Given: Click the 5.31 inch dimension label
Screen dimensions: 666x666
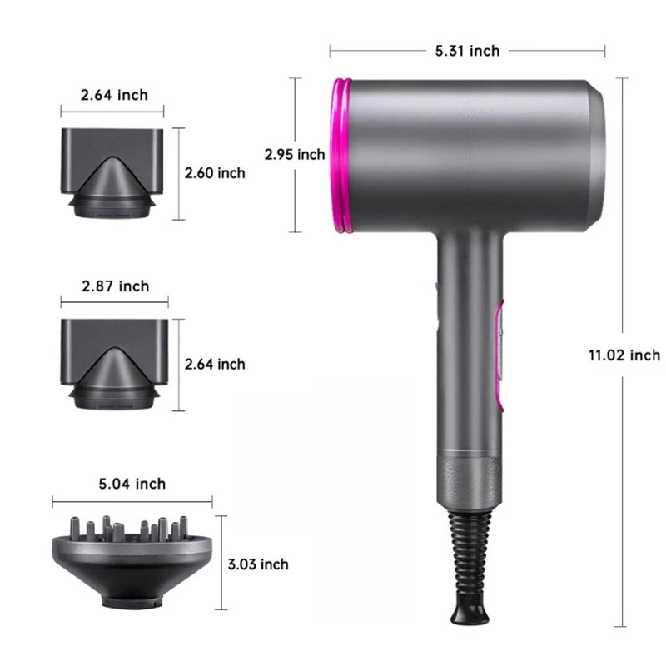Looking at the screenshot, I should (x=467, y=51).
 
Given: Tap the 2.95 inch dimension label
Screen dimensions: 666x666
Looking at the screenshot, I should (x=294, y=154).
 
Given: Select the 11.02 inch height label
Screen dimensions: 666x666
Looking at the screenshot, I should (x=624, y=355).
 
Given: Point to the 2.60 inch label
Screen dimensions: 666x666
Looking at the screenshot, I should (x=214, y=173).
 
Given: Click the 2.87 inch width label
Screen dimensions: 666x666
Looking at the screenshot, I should (x=115, y=286).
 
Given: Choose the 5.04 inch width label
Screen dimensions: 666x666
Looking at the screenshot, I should (x=132, y=484).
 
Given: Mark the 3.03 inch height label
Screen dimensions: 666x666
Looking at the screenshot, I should (x=257, y=564).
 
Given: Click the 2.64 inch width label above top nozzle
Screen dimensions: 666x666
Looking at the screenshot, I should (x=114, y=95).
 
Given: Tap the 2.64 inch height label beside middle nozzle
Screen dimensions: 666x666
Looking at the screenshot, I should (x=214, y=364).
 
